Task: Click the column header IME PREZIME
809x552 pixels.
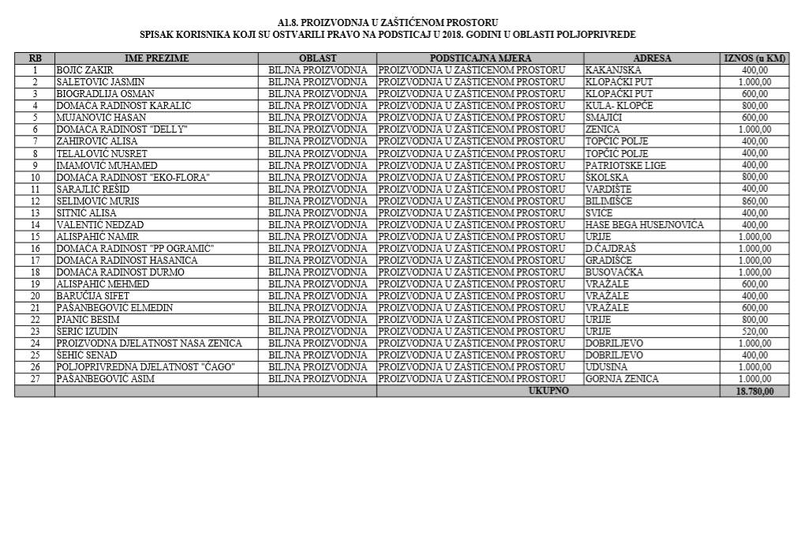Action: click(156, 58)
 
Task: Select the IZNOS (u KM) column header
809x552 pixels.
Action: click(755, 58)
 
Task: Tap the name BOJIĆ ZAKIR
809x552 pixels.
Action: click(84, 70)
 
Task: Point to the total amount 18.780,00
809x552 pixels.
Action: click(755, 391)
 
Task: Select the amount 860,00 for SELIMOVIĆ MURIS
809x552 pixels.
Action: click(755, 201)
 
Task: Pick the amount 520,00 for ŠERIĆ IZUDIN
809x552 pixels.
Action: click(755, 332)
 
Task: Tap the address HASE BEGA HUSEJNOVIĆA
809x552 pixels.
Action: click(644, 224)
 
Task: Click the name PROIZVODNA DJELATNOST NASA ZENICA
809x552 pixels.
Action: click(149, 344)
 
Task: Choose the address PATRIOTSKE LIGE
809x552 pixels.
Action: click(625, 165)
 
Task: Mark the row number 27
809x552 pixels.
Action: click(35, 379)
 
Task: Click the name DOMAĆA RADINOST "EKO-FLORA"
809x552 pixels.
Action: click(133, 177)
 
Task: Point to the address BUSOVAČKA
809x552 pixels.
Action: click(614, 272)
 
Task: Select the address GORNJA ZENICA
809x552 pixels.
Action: click(621, 379)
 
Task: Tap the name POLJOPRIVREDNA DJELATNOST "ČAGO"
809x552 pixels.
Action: click(145, 367)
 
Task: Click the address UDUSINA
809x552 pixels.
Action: click(607, 367)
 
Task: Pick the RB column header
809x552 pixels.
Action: click(35, 58)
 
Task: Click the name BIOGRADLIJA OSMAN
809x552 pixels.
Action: click(105, 94)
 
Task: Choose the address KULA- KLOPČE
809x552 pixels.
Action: click(619, 106)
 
